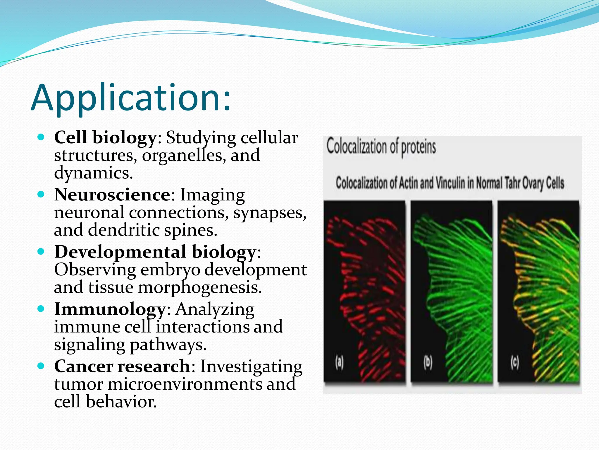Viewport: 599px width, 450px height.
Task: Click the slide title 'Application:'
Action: (131, 98)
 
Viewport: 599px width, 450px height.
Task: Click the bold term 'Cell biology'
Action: (105, 137)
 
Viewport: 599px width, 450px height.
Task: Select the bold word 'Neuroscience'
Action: (112, 195)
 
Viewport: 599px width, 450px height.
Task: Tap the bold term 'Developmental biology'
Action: (155, 252)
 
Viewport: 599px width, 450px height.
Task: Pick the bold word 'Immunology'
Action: (110, 309)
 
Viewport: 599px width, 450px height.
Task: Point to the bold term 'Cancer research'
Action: (122, 366)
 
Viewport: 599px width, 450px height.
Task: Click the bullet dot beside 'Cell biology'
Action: (41, 137)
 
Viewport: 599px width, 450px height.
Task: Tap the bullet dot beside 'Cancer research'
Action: (41, 366)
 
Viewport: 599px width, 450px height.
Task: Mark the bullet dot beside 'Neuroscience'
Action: (41, 194)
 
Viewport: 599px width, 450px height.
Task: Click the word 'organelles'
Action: (184, 155)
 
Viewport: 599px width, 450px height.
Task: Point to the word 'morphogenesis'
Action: (200, 287)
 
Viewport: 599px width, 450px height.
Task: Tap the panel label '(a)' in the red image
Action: (339, 362)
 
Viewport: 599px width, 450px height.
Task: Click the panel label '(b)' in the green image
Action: (428, 362)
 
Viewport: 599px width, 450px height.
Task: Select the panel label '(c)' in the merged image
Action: (515, 362)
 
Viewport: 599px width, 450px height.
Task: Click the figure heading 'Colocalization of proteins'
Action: (381, 146)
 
